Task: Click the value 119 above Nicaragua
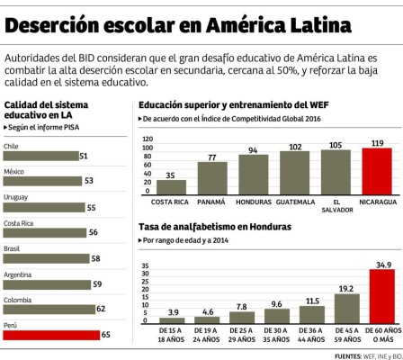[377, 143]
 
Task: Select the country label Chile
[12, 145]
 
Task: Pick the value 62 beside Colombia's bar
[101, 309]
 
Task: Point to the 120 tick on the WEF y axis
[147, 139]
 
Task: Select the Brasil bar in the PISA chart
[45, 257]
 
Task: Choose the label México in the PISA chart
[13, 170]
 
